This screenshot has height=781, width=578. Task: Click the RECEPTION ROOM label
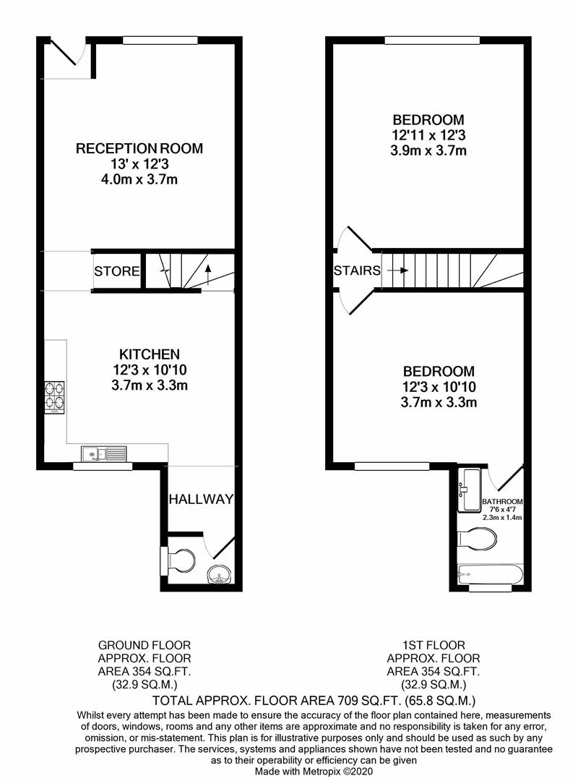pos(139,148)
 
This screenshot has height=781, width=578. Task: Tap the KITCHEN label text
pos(150,354)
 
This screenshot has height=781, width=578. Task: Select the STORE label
pos(116,272)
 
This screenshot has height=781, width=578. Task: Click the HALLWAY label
pos(201,499)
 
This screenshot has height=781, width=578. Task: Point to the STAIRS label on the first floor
pos(357,271)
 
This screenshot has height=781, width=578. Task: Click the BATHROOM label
pos(502,501)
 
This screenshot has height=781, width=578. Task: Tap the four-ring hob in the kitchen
pos(54,396)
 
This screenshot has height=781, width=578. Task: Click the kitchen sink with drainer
pos(104,454)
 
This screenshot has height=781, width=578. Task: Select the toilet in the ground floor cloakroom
pos(181,560)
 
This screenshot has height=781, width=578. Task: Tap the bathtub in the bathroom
pos(491,576)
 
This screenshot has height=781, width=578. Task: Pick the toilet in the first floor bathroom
pos(478,538)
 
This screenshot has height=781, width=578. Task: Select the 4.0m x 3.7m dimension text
pos(139,179)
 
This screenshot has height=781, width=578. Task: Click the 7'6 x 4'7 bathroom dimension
pos(502,510)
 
